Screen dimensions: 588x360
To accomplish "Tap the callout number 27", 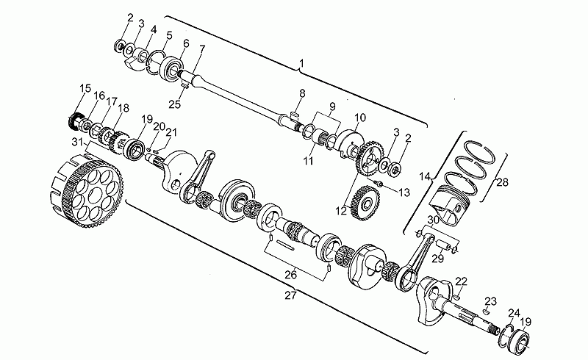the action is [290, 295].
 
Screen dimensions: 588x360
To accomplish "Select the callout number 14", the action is [425, 176].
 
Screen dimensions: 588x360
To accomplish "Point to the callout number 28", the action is [502, 182].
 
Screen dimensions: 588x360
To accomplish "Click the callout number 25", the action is [174, 104].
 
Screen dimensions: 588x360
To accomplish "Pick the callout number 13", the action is [404, 192].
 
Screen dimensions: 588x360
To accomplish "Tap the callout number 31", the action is [78, 142].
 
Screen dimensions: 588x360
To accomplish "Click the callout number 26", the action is [290, 275].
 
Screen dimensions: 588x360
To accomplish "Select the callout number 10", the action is [359, 118].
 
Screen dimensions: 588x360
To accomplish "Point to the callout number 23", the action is [490, 301].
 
